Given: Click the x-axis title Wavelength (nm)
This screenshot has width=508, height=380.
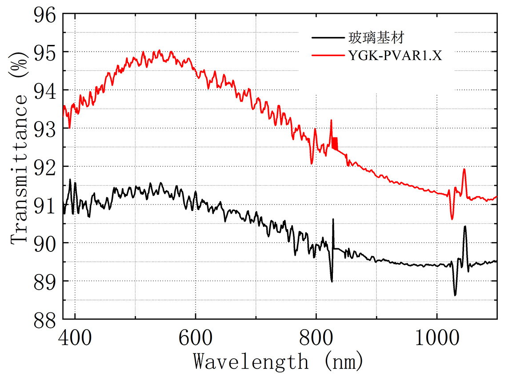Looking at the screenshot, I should point(279,361).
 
